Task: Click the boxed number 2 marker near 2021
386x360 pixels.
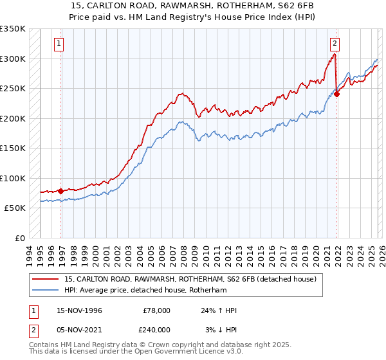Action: point(335,44)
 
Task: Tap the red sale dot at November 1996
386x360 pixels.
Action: point(61,191)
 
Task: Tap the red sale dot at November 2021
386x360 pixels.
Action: point(337,94)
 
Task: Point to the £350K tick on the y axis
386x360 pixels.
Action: point(13,29)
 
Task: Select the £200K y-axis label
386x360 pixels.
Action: point(13,118)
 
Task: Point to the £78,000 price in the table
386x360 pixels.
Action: point(156,310)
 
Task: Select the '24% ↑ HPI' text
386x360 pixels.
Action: point(219,310)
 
